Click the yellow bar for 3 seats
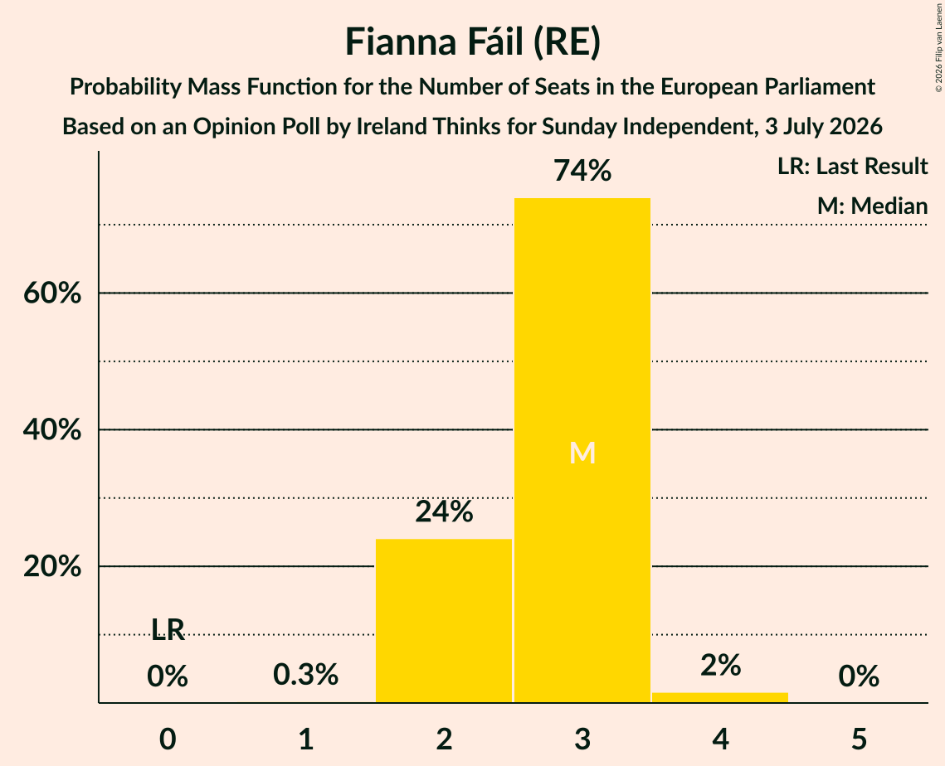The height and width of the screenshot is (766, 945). [x=582, y=450]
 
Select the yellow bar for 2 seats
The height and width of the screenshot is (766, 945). [x=444, y=620]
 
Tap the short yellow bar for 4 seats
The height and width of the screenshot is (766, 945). [x=720, y=697]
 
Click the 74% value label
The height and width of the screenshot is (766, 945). [x=582, y=171]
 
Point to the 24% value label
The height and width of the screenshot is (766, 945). [x=444, y=511]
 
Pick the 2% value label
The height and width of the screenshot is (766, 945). [x=721, y=666]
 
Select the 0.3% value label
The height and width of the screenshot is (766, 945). [x=305, y=675]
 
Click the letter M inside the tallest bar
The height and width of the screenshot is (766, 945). [x=582, y=453]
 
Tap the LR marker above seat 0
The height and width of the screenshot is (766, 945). [x=168, y=629]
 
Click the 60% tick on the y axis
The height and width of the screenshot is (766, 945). [x=52, y=293]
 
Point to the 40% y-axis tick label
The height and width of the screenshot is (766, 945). [x=52, y=430]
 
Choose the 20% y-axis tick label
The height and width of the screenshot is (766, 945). [x=52, y=567]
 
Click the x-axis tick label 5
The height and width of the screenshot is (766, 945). [x=859, y=739]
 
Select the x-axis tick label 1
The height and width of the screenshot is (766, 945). [x=306, y=739]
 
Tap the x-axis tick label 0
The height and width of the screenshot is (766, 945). [x=168, y=739]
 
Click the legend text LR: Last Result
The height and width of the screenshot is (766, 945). [x=852, y=166]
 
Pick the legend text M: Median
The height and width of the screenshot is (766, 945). [x=872, y=206]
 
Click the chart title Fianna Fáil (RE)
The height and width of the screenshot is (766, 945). [x=473, y=42]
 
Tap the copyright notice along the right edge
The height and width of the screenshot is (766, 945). [x=938, y=47]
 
